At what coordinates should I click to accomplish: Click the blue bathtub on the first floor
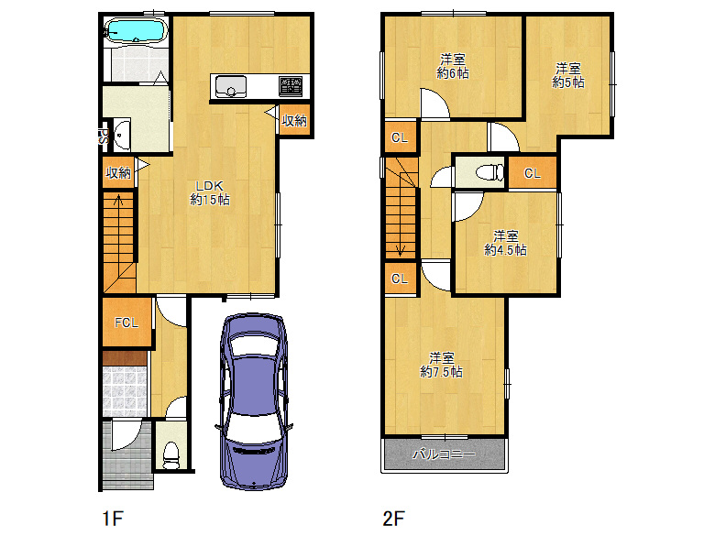coord(136,31)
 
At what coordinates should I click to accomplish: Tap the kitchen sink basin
coord(231,86)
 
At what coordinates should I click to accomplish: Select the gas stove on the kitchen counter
coord(291,85)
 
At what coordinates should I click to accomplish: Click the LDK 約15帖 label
coord(210,192)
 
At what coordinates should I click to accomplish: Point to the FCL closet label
coord(126,323)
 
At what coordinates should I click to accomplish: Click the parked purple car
coord(254,401)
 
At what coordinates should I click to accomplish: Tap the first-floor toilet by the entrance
coord(171,455)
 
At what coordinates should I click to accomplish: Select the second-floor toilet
coord(489,173)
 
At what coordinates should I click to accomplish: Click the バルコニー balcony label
coord(444,454)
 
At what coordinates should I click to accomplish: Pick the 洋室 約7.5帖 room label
coord(442,365)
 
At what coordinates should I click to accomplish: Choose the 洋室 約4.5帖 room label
coord(506,243)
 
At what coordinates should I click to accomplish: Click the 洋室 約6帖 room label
coord(453,66)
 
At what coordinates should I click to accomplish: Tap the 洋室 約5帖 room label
coord(568,76)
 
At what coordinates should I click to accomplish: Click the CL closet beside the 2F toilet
coord(533,173)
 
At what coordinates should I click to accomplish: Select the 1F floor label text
coord(113,519)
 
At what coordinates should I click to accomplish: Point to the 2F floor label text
coord(394,519)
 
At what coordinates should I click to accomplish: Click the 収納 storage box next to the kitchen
coord(294,120)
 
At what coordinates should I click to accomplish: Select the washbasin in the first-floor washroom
coord(121,135)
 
